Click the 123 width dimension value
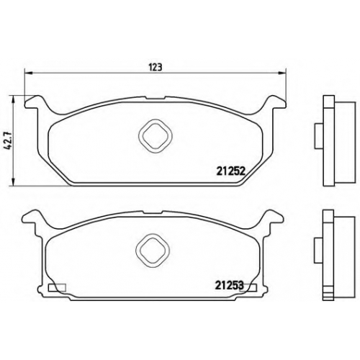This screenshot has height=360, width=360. click(x=156, y=68)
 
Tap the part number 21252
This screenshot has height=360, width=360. click(x=230, y=171)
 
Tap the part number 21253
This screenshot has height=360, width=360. click(x=229, y=286)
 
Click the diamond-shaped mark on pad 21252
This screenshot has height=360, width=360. click(x=156, y=136)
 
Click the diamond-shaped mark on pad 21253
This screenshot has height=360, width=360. click(x=153, y=251)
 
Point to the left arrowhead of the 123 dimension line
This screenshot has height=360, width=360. click(x=29, y=73)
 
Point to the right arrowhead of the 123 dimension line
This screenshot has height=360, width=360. click(x=282, y=73)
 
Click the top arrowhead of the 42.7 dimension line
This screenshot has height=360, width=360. click(x=14, y=99)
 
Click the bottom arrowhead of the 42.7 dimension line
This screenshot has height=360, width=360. click(x=14, y=181)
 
